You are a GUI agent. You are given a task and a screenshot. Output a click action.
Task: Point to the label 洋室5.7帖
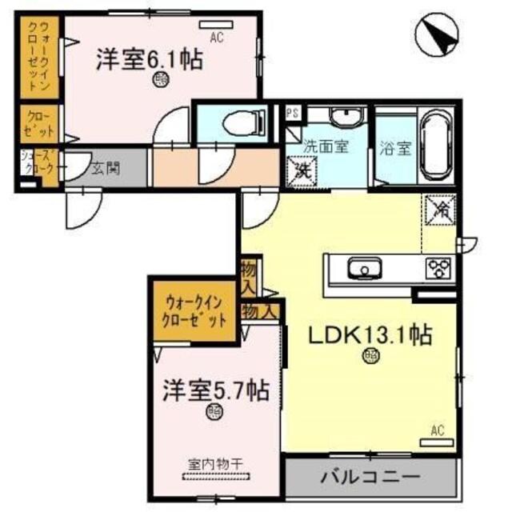tap(215, 391)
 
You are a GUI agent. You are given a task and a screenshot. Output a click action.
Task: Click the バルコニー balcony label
tap(370, 477)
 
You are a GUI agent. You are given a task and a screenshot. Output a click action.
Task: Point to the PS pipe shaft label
tap(292, 114)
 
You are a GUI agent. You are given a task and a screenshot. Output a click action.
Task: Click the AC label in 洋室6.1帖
tap(217, 37)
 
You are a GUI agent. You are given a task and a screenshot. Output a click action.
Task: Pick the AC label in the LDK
tap(437, 431)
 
